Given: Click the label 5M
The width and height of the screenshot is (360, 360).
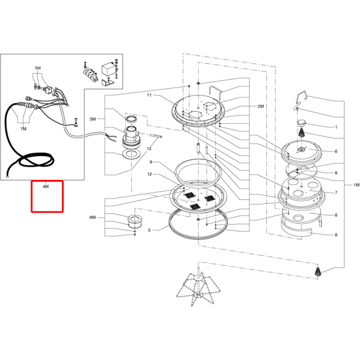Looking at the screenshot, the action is click(x=38, y=68).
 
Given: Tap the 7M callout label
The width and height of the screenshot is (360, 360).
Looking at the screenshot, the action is click(x=23, y=129).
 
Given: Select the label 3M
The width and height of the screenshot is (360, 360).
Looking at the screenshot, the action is click(x=92, y=119).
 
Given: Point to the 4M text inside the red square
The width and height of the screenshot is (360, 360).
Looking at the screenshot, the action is click(x=45, y=187).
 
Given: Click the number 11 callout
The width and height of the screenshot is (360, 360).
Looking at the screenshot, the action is click(x=149, y=95).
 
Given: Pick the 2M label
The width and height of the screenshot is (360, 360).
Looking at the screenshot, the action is click(x=261, y=106).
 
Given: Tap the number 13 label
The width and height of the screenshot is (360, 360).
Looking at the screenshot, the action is click(x=149, y=149).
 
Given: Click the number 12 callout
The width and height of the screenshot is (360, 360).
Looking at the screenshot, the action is click(x=150, y=174).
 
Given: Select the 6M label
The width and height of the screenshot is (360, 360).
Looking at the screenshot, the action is click(x=92, y=218).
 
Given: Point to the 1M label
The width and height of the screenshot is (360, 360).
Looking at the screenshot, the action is click(x=356, y=185).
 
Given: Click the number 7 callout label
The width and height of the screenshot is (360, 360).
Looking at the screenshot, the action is click(x=336, y=192).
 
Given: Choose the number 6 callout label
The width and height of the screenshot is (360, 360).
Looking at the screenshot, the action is click(x=336, y=151).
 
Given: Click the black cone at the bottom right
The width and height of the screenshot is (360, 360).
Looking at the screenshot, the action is click(x=317, y=271).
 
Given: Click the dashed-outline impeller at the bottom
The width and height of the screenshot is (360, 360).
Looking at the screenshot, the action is click(x=198, y=288).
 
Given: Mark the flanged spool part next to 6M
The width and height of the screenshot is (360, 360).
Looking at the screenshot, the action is click(x=135, y=221).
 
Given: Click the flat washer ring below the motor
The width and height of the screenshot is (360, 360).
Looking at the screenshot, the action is click(x=132, y=154).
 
